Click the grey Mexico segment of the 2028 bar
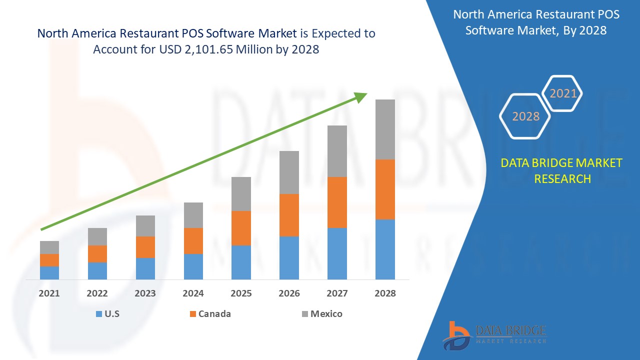coord(385,129)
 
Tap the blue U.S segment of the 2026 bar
coord(289,257)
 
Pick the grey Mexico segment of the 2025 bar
coord(241,193)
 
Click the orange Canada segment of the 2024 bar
coord(193,240)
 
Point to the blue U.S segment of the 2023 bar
coord(145,268)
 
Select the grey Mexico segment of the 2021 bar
coord(49,247)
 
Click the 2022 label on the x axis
coord(97,293)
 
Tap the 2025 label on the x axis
coord(241,293)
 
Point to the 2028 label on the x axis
coord(385,293)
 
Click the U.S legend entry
coord(107,314)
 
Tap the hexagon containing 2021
coord(563,93)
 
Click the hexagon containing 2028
coord(525,116)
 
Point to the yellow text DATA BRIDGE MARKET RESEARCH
coord(562,170)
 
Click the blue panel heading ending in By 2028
coord(535,22)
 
